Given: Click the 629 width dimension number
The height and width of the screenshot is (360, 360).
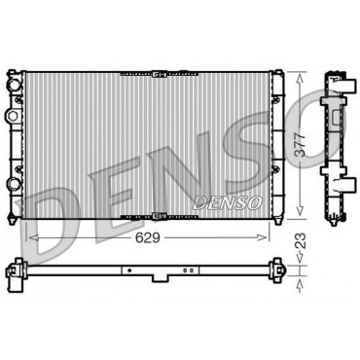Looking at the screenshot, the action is pos(148,238).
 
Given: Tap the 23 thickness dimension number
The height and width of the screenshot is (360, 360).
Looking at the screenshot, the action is pos(302,240).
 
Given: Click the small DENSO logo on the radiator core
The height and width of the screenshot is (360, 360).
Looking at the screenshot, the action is pos(228,202).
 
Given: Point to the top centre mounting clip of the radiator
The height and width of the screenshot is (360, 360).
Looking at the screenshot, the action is pos(159,74).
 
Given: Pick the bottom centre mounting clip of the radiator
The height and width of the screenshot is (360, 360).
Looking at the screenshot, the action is pos(159,215).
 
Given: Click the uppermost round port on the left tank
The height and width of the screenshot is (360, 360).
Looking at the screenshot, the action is pos(15,85).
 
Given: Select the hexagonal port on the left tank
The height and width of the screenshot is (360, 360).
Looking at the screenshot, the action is pos(12,116).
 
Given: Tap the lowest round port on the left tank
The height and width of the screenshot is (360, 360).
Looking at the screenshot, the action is pos(14,184).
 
